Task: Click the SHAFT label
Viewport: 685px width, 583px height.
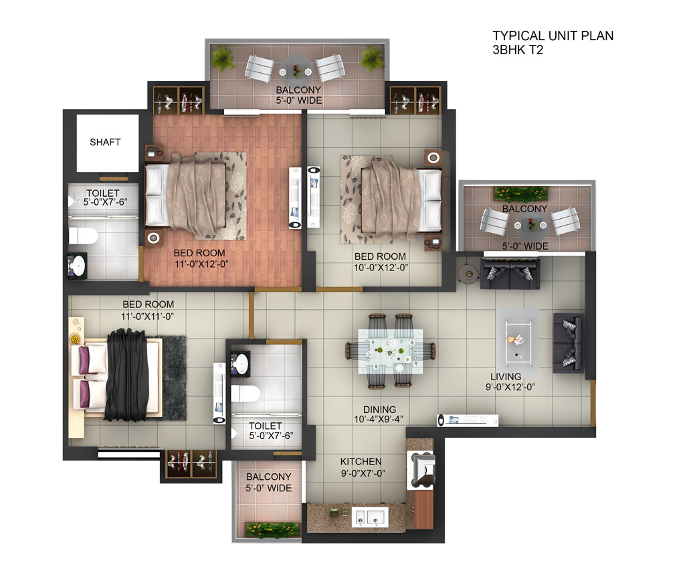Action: pos(105,142)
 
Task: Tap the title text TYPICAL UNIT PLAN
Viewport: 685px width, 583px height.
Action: pos(553,36)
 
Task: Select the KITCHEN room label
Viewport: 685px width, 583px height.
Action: pos(361,461)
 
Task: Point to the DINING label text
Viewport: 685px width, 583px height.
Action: pos(380,410)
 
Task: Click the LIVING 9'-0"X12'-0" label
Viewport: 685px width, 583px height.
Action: pos(510,382)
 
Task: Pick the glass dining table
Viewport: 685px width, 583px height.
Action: pos(391,351)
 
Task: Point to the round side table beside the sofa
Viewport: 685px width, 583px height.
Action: pos(469,274)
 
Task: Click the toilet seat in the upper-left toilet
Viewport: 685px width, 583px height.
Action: pos(84,236)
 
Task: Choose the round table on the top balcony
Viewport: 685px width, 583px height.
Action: pos(296,69)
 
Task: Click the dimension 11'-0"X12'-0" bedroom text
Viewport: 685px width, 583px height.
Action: pos(202,264)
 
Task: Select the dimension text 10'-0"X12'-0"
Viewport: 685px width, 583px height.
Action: pos(381,268)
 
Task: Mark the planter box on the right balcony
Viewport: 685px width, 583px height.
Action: pos(520,193)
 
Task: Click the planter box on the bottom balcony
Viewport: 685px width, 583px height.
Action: pos(273,529)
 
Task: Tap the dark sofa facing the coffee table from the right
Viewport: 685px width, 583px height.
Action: pos(569,343)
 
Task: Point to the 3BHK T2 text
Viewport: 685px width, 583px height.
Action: pos(518,50)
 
